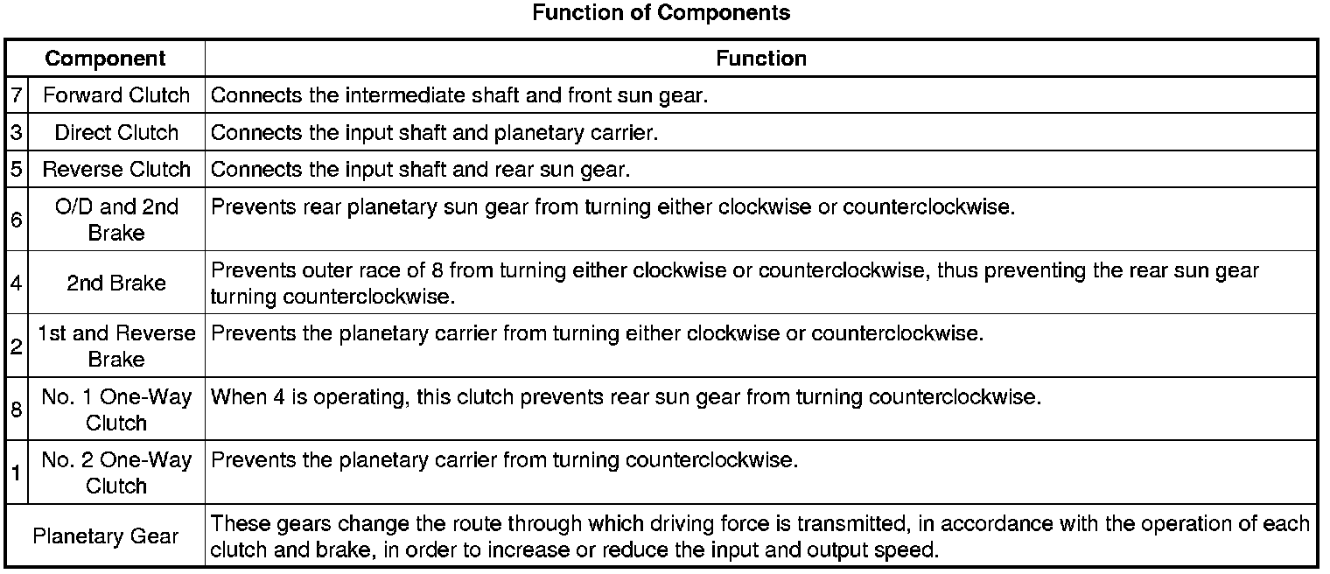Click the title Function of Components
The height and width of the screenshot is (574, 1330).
[661, 13]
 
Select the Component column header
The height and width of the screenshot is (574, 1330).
[105, 59]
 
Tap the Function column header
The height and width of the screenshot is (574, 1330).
[761, 59]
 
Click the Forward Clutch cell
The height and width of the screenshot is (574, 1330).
[116, 95]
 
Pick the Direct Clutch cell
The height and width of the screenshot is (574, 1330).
[116, 132]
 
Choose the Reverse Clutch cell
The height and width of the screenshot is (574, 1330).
[116, 169]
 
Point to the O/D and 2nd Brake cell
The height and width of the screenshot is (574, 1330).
[116, 220]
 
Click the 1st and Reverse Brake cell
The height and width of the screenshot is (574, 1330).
[116, 346]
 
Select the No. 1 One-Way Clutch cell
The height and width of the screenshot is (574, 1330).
[116, 409]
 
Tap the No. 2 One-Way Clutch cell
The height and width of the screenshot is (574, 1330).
[116, 472]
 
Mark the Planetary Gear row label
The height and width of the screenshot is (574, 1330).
[105, 535]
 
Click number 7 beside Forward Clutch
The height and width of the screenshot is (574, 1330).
[17, 95]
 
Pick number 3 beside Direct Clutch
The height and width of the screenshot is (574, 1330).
[17, 132]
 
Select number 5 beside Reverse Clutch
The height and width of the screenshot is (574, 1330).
[17, 169]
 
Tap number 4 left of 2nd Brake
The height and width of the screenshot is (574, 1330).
[17, 283]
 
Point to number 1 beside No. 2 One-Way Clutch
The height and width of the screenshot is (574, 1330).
[17, 473]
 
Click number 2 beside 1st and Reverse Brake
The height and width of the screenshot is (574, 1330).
[17, 346]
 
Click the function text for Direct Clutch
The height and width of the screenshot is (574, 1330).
[434, 132]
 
